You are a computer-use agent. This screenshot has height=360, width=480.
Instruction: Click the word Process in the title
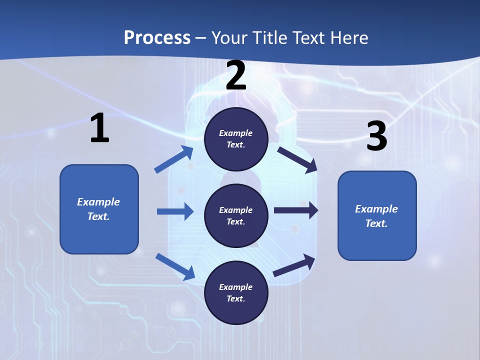[157, 38]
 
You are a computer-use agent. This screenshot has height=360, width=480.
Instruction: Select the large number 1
[99, 128]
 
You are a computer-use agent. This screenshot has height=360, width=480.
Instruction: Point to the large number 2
[236, 75]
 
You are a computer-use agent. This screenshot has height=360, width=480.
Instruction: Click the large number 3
[376, 136]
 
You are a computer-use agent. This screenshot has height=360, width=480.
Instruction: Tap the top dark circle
[236, 139]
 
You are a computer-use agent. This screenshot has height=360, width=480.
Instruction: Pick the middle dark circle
[236, 215]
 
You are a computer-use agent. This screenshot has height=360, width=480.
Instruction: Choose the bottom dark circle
[236, 292]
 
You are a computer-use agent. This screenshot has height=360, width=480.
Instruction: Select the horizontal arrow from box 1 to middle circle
[175, 211]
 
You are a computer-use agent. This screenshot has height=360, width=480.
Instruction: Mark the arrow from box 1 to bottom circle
[175, 266]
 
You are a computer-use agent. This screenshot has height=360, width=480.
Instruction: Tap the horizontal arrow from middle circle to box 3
[296, 210]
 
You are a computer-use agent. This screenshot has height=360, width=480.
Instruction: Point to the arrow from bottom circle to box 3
[294, 265]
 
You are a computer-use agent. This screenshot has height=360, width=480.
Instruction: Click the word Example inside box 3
[376, 209]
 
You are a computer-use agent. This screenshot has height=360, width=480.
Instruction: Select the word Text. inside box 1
[98, 216]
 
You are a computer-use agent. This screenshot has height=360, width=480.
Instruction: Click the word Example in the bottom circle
[236, 287]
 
